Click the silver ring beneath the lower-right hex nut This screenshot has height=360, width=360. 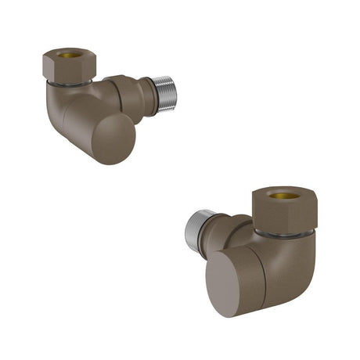(x=287, y=232)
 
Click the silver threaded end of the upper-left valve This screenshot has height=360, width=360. (x=164, y=94)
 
